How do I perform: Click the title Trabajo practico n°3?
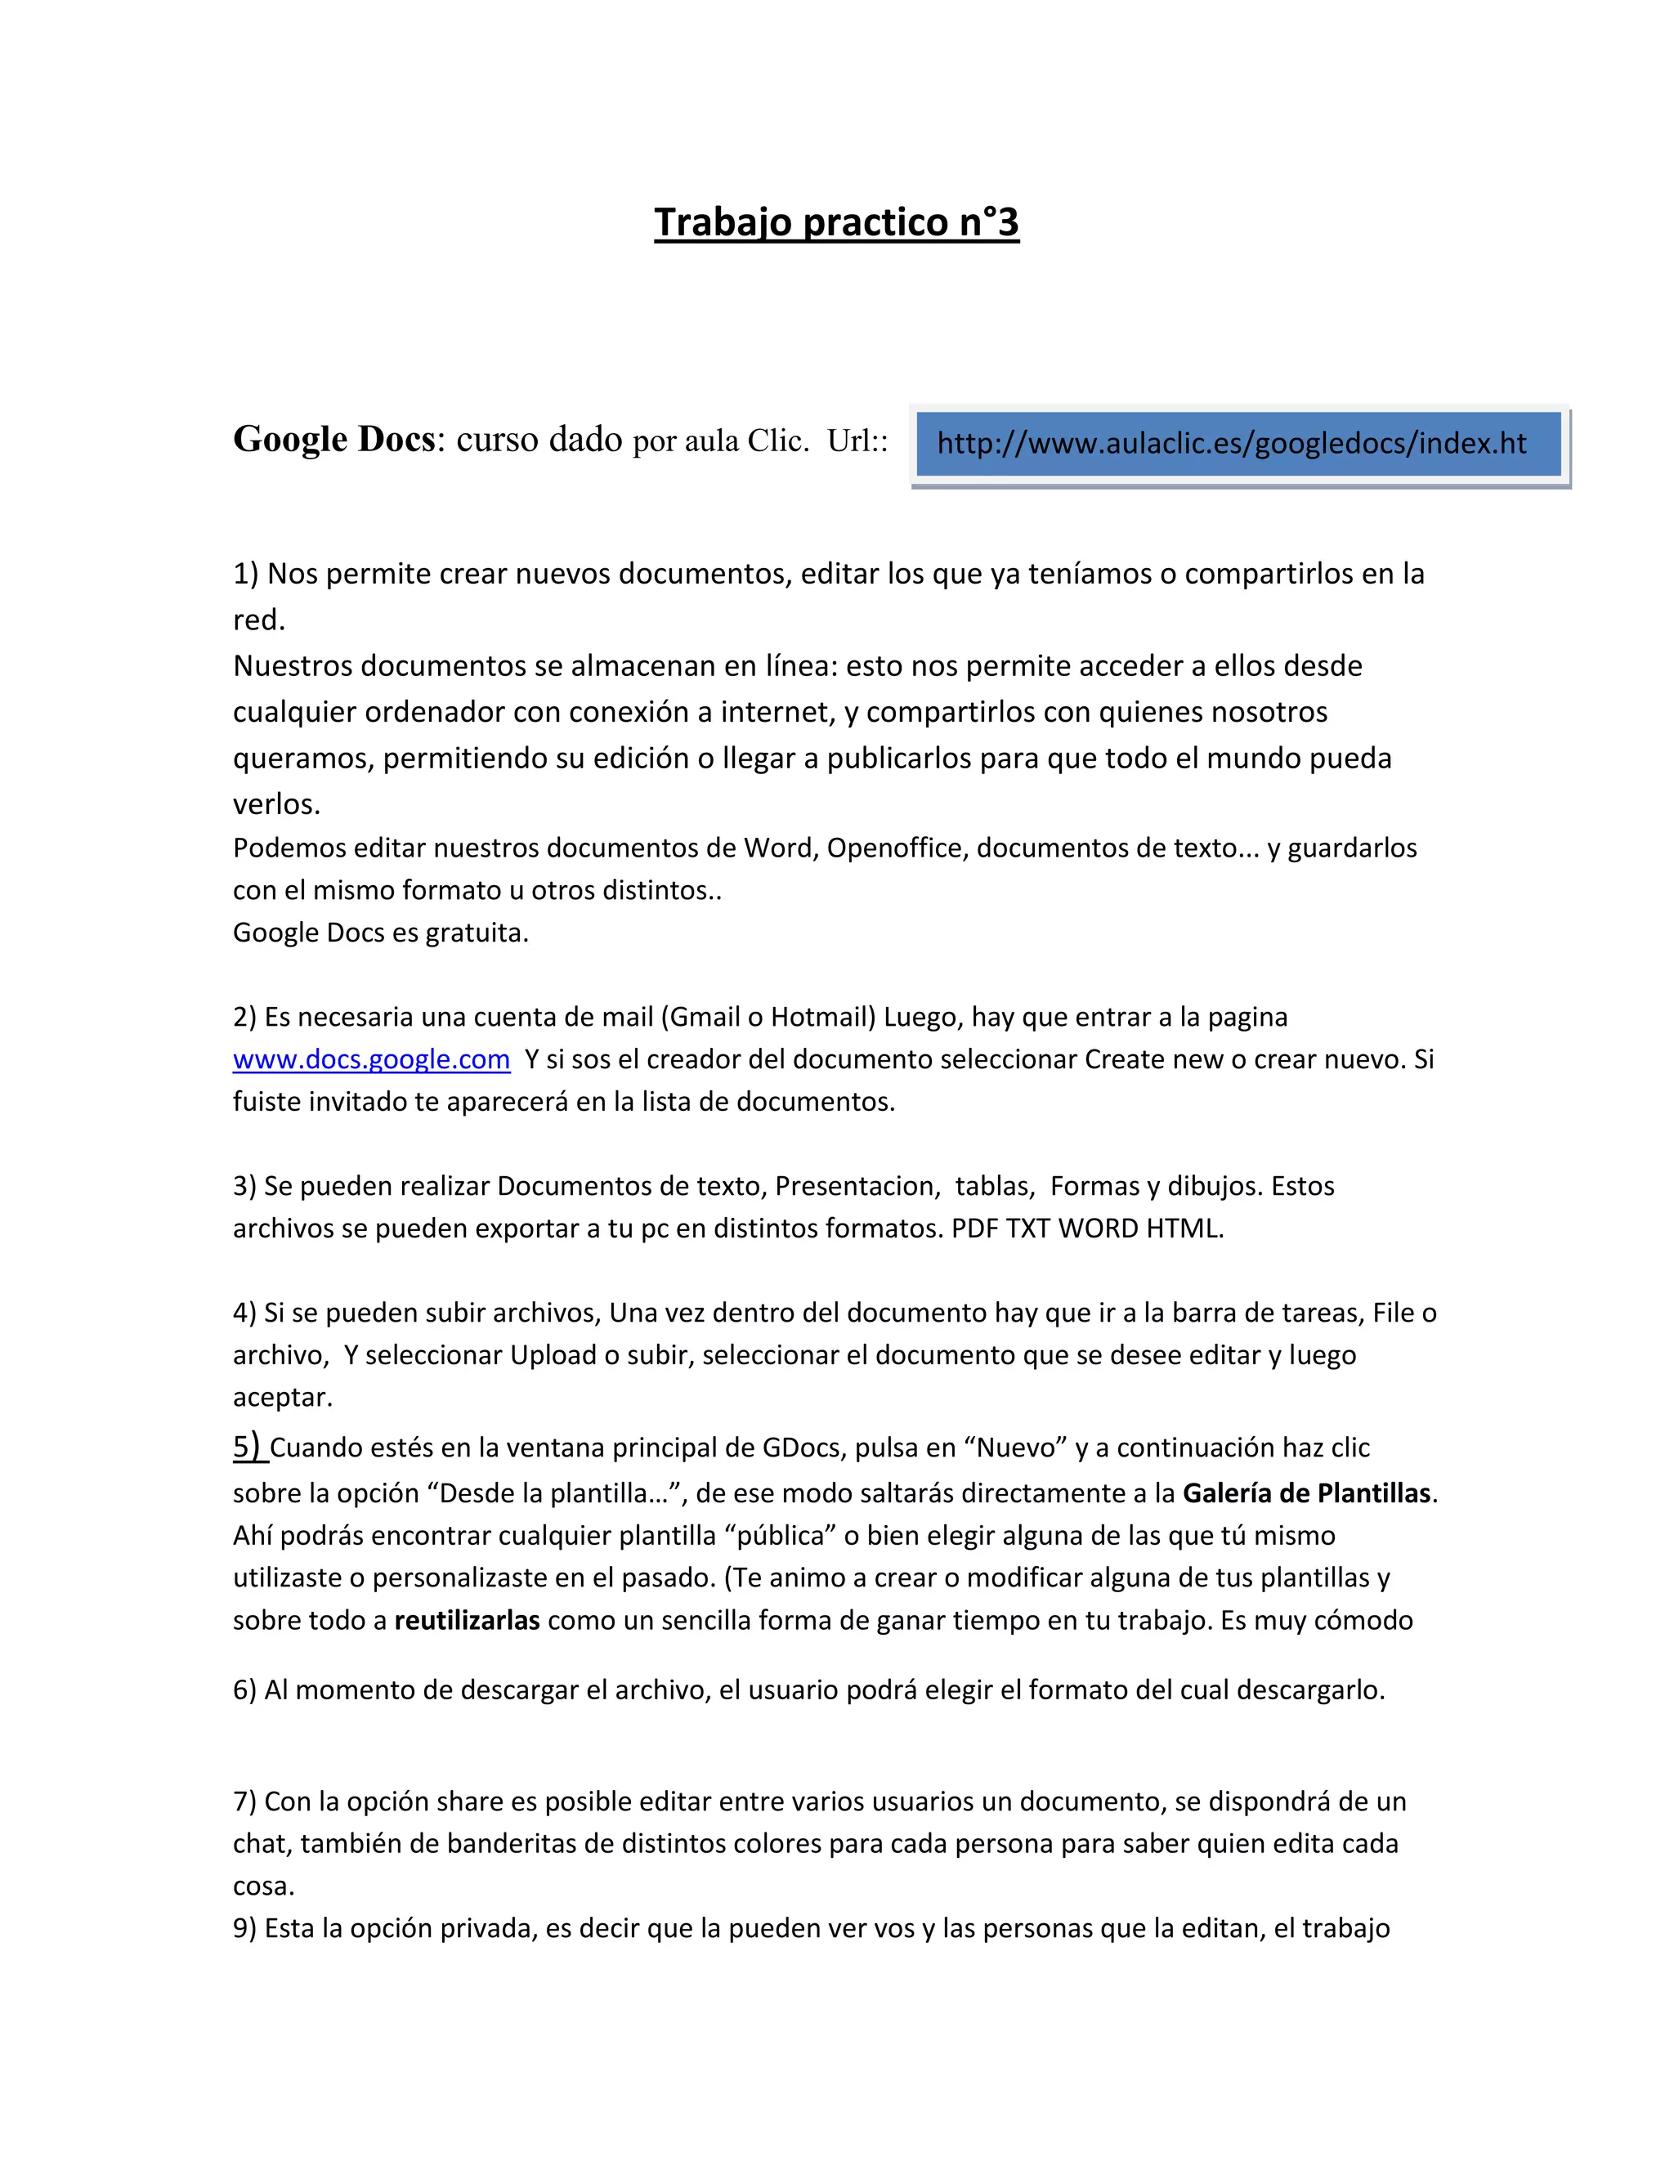tap(836, 222)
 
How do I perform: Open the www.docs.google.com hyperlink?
tap(371, 1059)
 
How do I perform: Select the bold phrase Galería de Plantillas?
tap(1306, 1492)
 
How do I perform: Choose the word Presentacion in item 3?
tap(857, 1186)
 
